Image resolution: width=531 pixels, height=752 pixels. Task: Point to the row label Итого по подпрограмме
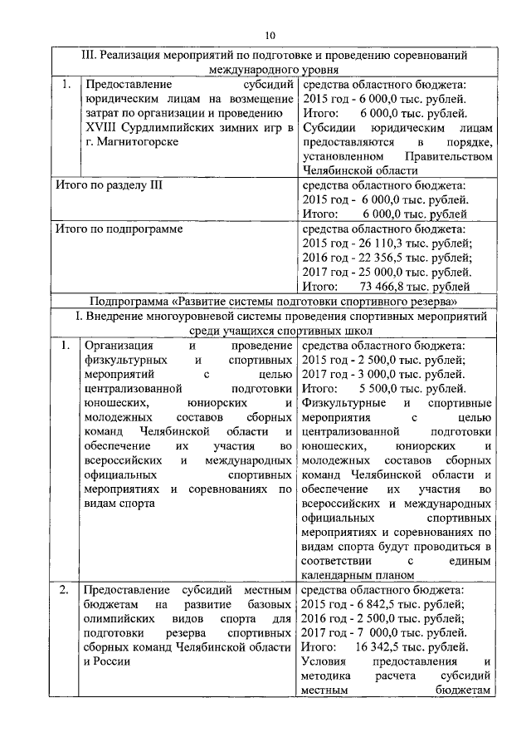click(118, 227)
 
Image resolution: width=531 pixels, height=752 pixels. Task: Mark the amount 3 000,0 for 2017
click(376, 373)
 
